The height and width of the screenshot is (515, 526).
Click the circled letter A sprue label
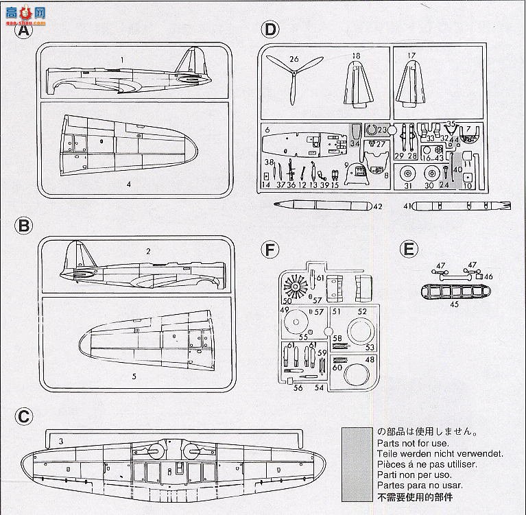click(24, 31)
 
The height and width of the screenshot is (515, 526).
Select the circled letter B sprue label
click(24, 226)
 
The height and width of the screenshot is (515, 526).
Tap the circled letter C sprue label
click(24, 416)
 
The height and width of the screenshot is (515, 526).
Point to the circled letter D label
click(271, 29)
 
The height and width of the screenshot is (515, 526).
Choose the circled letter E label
click(409, 249)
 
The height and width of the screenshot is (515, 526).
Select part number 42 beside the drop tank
click(377, 206)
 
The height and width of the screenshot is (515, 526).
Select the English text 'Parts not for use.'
click(408, 443)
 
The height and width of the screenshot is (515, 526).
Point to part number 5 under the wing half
click(134, 376)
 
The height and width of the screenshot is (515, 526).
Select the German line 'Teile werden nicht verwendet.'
click(440, 453)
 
